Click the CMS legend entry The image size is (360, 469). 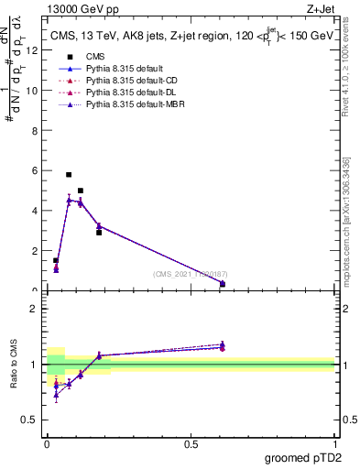coord(95,57)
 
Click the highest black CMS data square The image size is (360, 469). coord(69,174)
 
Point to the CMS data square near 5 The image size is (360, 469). coord(81,191)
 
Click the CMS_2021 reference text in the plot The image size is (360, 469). coord(191,275)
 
